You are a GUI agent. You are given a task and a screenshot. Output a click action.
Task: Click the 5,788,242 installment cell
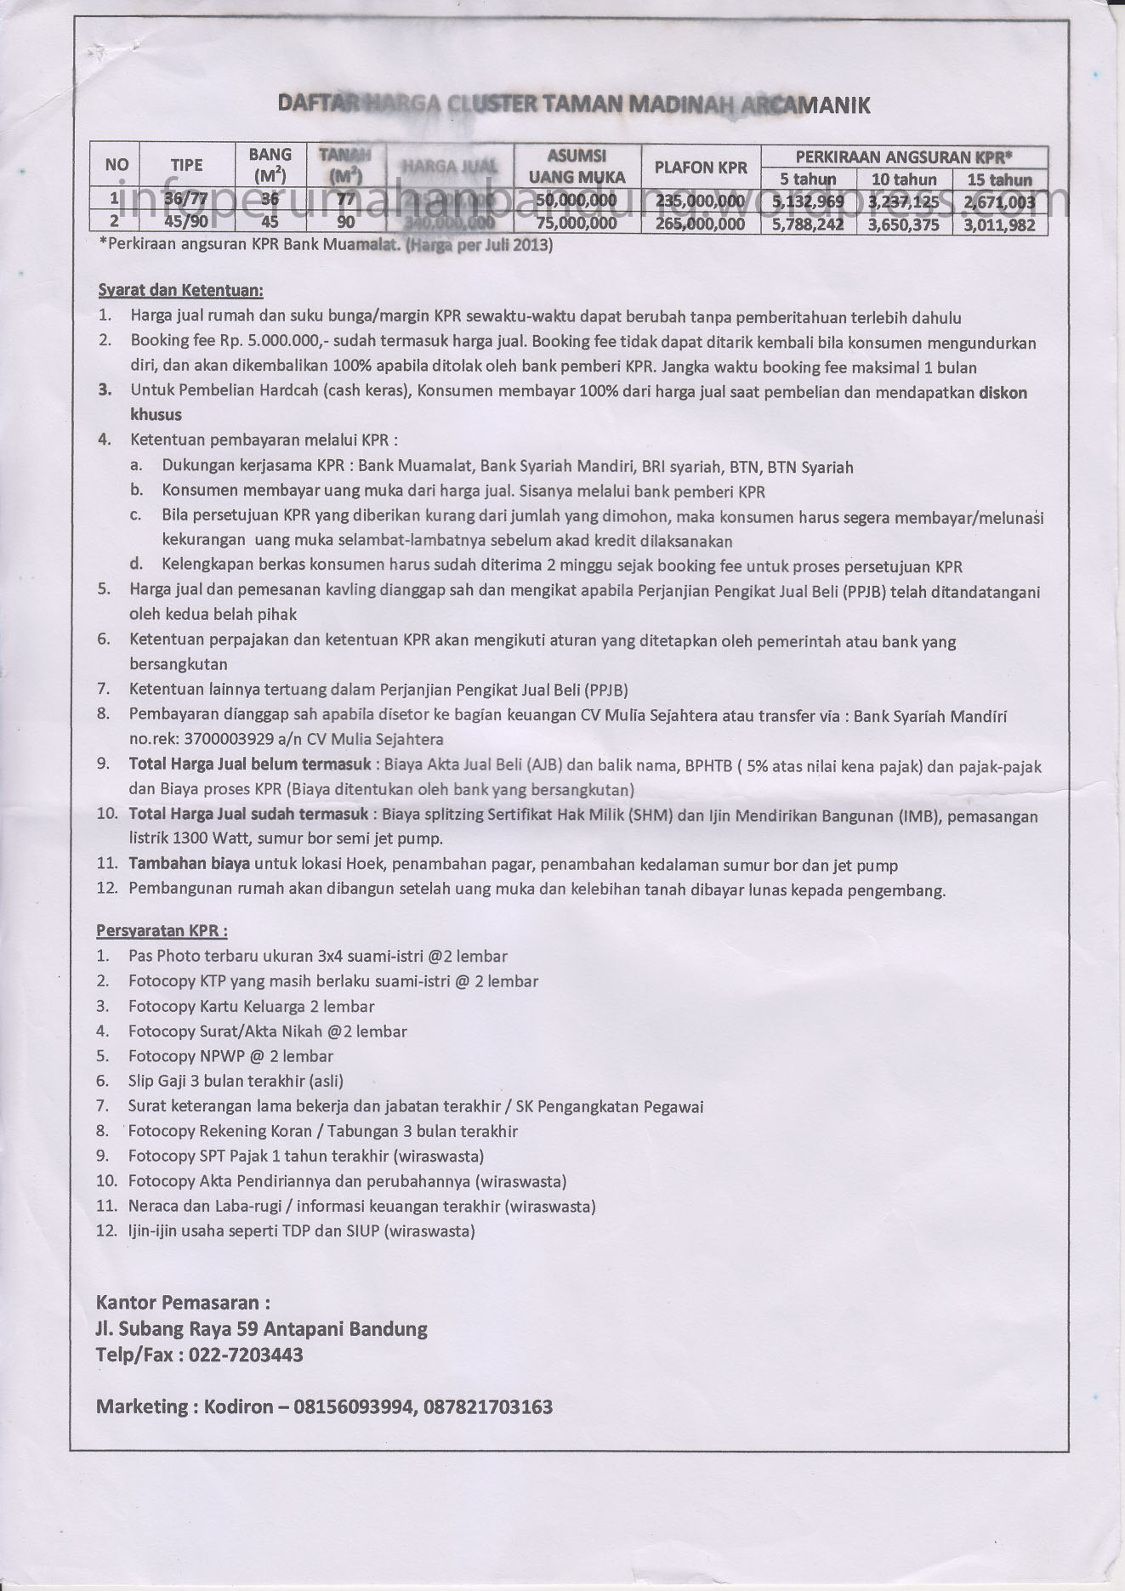pyautogui.click(x=808, y=224)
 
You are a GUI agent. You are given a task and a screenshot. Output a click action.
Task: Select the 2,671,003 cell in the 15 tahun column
pyautogui.click(x=999, y=202)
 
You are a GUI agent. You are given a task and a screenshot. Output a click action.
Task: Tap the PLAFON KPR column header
pyautogui.click(x=701, y=168)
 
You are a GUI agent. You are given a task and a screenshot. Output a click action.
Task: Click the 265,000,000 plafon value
pyautogui.click(x=701, y=224)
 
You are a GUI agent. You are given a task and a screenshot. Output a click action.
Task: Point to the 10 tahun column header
pyautogui.click(x=903, y=179)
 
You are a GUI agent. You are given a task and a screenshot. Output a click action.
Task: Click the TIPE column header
pyautogui.click(x=186, y=165)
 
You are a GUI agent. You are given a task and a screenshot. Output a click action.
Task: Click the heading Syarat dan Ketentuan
pyautogui.click(x=180, y=291)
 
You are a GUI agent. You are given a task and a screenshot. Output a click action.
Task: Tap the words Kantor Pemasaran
pyautogui.click(x=184, y=1302)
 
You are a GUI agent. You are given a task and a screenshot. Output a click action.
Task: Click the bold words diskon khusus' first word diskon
pyautogui.click(x=1003, y=392)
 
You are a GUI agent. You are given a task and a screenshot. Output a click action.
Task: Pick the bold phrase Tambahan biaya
pyautogui.click(x=189, y=864)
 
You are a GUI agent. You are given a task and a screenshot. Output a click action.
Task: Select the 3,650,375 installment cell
pyautogui.click(x=903, y=224)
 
